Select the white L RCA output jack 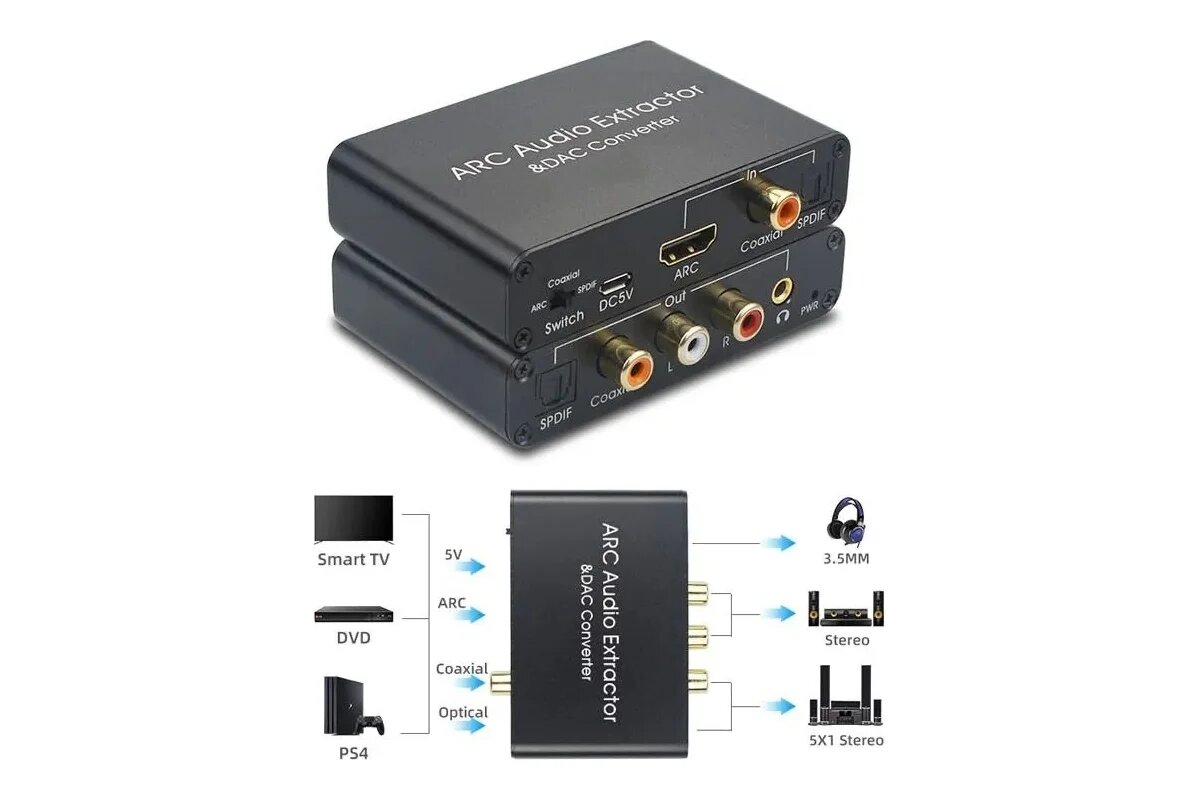[682, 346]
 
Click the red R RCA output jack [747, 322]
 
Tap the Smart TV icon [353, 518]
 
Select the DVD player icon [353, 614]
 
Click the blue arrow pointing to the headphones [776, 543]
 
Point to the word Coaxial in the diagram [462, 669]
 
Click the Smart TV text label [353, 560]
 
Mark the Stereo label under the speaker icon [846, 640]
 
